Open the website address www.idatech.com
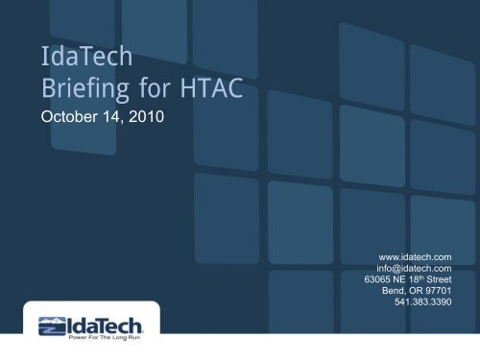(416, 256)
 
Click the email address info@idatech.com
(414, 269)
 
